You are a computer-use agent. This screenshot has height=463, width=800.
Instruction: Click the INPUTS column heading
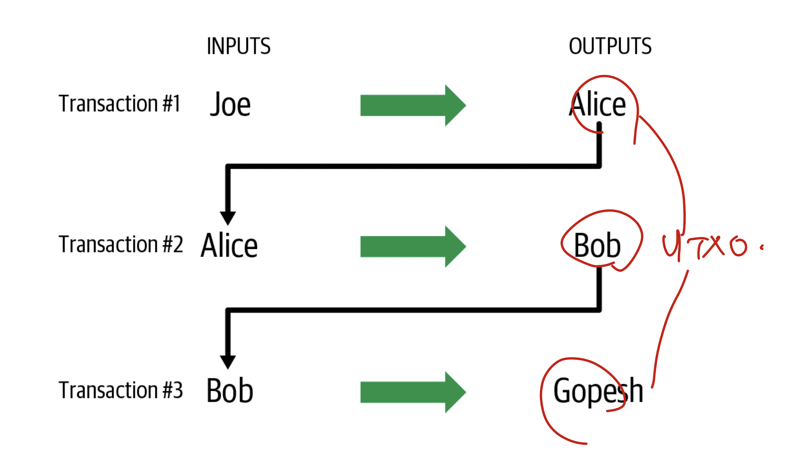click(239, 46)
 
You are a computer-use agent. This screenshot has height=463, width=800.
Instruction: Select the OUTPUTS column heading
click(610, 46)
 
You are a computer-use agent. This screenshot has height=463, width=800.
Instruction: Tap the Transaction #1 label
click(119, 103)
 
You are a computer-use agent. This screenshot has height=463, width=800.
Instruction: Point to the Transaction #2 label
click(121, 244)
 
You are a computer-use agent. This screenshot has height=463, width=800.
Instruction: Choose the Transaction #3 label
click(121, 390)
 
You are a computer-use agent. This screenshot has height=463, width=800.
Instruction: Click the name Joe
click(230, 105)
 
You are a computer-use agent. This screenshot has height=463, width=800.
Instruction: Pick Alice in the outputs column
click(597, 105)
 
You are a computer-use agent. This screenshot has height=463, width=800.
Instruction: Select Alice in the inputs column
click(229, 245)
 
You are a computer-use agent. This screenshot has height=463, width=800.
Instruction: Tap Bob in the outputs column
click(597, 245)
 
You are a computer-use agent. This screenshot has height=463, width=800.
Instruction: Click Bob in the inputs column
click(230, 391)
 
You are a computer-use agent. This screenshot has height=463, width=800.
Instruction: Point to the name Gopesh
click(598, 391)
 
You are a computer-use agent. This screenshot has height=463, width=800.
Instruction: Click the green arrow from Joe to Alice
click(413, 105)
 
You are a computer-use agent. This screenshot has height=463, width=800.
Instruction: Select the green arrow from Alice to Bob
click(413, 247)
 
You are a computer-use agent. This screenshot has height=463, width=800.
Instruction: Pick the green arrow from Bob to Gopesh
click(413, 392)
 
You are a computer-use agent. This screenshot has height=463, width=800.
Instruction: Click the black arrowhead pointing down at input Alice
click(228, 218)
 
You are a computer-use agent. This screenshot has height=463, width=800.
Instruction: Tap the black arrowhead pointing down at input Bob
click(228, 362)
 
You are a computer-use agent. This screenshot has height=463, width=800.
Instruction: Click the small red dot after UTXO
click(762, 248)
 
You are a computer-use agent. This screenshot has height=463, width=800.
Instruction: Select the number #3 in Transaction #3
click(173, 390)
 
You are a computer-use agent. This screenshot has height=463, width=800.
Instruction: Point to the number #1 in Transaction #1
click(171, 103)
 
